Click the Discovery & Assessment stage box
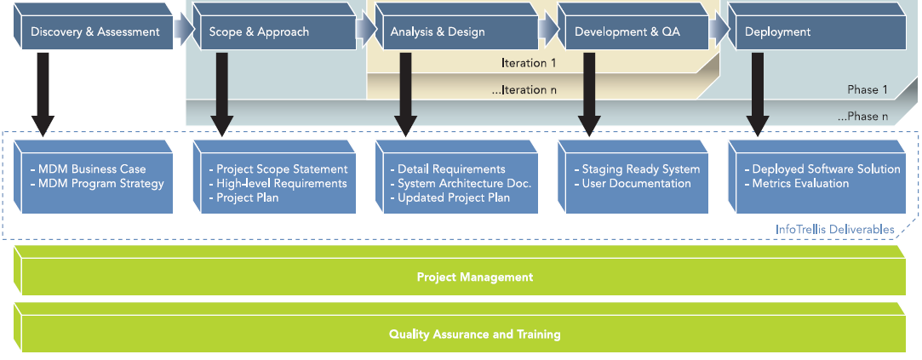(94, 32)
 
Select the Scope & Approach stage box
(272, 32)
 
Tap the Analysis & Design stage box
(454, 32)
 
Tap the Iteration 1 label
(529, 63)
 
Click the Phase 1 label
(868, 90)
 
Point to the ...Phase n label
(862, 117)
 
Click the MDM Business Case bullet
(87, 169)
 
